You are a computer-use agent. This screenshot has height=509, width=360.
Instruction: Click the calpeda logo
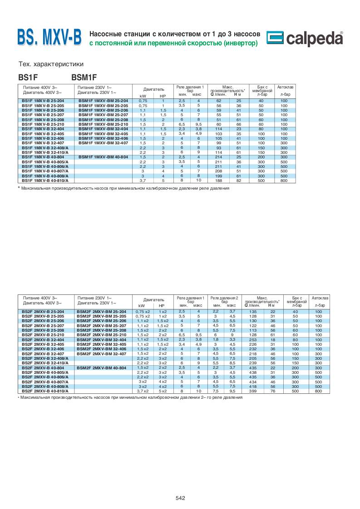[305, 39]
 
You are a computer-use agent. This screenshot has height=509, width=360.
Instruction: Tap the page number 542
[180, 498]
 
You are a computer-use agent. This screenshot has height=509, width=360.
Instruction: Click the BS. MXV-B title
[49, 38]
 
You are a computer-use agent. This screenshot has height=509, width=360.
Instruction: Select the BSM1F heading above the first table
[84, 77]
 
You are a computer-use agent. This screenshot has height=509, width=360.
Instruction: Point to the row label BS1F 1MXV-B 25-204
[44, 100]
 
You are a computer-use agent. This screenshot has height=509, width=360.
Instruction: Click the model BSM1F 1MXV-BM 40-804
[103, 157]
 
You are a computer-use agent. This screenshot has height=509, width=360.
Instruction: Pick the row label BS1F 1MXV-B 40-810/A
[45, 181]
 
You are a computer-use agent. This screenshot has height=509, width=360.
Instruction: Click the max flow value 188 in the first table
[218, 181]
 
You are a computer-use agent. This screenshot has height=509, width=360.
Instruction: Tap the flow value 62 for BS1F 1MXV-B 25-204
[218, 100]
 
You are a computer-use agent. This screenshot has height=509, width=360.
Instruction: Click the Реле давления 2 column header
[224, 298]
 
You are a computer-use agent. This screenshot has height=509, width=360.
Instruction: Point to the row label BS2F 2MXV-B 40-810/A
[45, 390]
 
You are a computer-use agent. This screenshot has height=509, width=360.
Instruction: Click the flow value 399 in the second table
[253, 390]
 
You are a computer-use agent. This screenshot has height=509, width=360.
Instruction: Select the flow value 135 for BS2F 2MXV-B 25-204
[253, 312]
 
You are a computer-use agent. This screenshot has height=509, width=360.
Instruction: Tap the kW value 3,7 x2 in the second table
[143, 390]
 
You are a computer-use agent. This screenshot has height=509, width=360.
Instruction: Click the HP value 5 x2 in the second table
[163, 390]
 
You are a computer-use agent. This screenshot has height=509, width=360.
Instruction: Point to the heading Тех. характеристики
[50, 64]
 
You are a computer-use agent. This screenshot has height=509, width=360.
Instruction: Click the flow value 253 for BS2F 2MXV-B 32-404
[253, 339]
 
